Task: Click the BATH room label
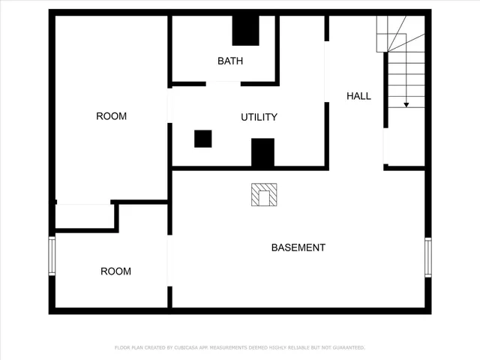pyautogui.click(x=230, y=61)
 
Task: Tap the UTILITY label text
pyautogui.click(x=259, y=117)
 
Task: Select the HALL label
pyautogui.click(x=358, y=96)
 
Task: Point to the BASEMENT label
pyautogui.click(x=298, y=247)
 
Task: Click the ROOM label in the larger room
pyautogui.click(x=111, y=116)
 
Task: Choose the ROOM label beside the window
pyautogui.click(x=115, y=271)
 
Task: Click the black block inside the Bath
pyautogui.click(x=244, y=31)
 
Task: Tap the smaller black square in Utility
pyautogui.click(x=202, y=139)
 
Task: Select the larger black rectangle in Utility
pyautogui.click(x=262, y=152)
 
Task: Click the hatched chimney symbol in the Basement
pyautogui.click(x=263, y=195)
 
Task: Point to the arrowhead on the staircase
pyautogui.click(x=406, y=105)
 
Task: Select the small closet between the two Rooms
pyautogui.click(x=84, y=216)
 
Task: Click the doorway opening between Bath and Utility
pyautogui.click(x=223, y=83)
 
